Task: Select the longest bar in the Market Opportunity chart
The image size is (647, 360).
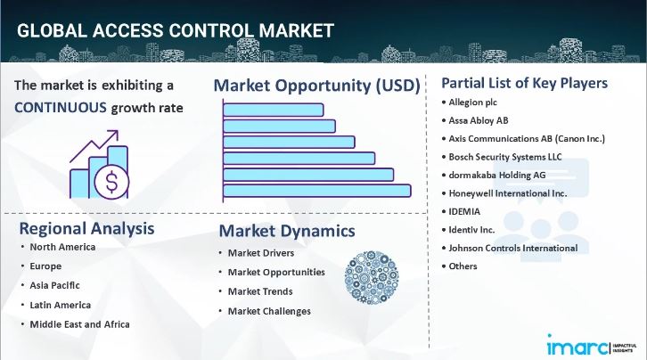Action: click(316, 190)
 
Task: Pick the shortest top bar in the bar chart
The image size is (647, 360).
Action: click(273, 110)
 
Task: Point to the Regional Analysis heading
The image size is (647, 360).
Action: click(86, 228)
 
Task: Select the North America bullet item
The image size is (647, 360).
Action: click(62, 247)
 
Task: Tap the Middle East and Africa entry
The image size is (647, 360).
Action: click(79, 323)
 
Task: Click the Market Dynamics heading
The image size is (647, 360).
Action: click(287, 232)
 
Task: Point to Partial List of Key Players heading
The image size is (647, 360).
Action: click(525, 83)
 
